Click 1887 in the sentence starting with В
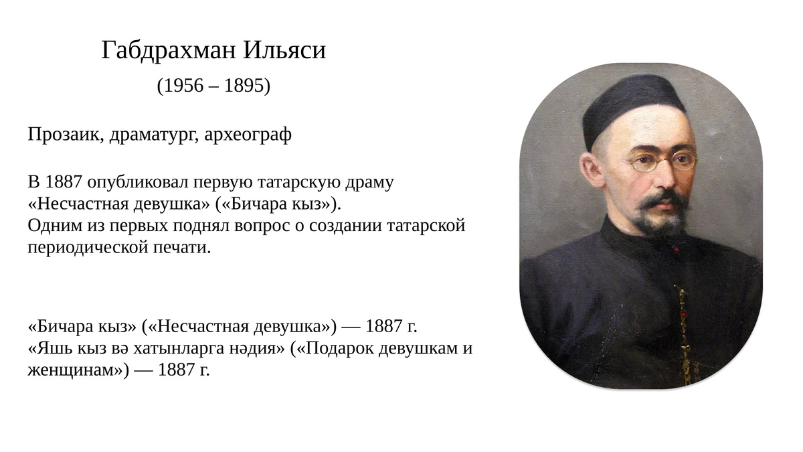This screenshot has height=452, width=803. pos(62,182)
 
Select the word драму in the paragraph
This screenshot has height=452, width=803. pos(375,182)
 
